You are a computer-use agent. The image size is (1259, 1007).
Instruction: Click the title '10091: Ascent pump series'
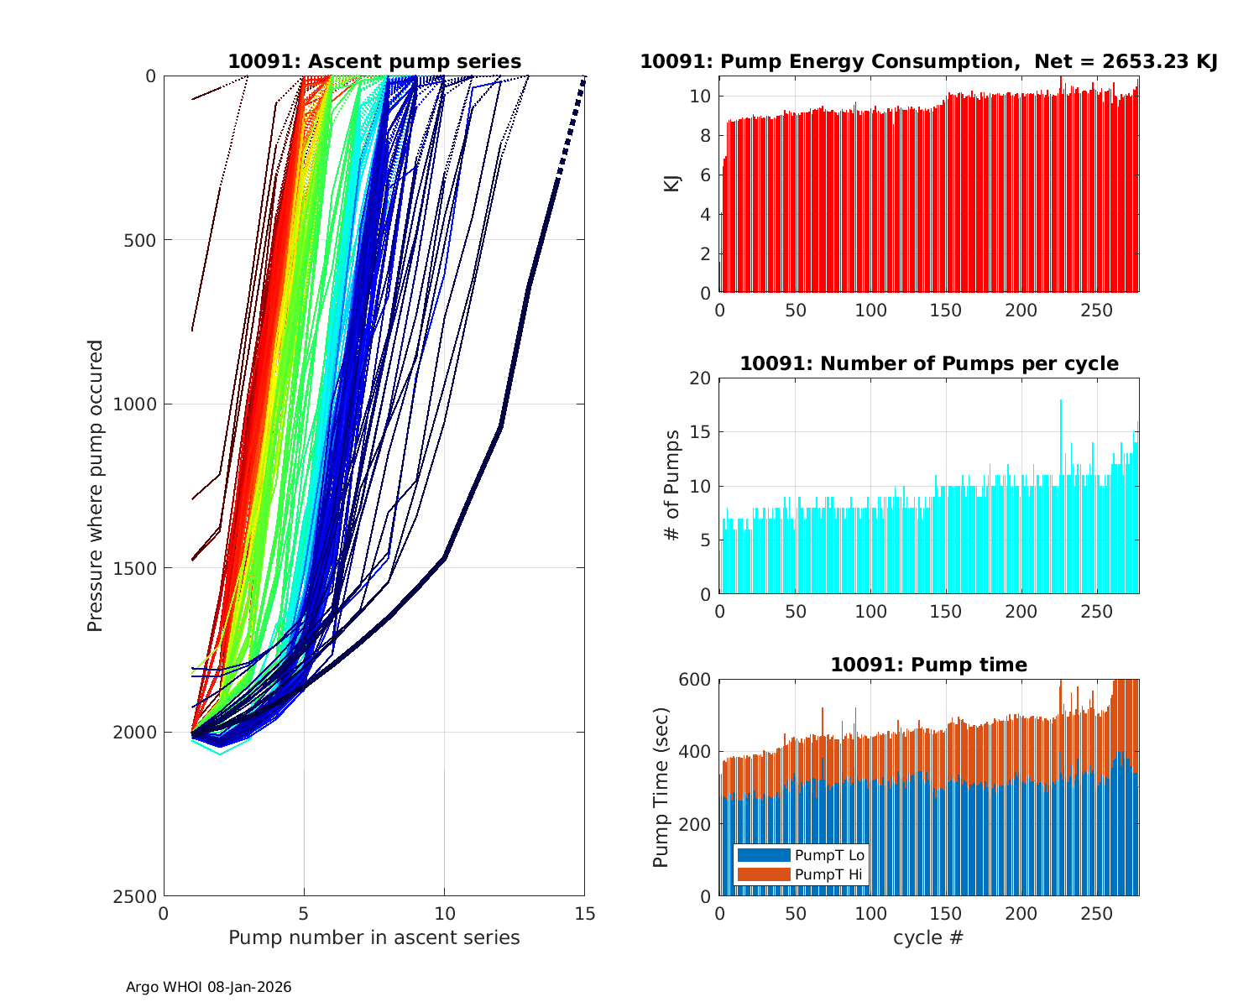tap(374, 61)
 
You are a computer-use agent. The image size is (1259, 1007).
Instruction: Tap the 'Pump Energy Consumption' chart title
tap(928, 61)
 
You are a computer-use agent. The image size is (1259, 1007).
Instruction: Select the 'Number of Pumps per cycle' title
tap(928, 363)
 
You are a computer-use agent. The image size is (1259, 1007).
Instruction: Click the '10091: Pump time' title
tap(928, 665)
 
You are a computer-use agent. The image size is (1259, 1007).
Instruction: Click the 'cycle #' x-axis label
tap(928, 937)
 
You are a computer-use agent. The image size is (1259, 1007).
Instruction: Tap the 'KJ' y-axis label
tap(672, 183)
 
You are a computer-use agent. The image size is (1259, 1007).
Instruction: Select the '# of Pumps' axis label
tap(672, 485)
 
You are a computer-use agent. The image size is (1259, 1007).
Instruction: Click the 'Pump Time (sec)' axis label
tap(662, 787)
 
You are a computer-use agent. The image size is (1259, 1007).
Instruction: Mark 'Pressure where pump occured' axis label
tap(95, 485)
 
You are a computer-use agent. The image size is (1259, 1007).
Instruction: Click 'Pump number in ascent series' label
tap(374, 937)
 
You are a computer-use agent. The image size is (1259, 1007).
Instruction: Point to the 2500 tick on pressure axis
tap(139, 896)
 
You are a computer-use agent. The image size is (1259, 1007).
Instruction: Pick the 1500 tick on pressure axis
tap(139, 568)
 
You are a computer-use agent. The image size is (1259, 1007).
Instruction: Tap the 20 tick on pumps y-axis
tap(701, 378)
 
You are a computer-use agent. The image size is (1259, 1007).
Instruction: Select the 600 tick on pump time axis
tap(696, 680)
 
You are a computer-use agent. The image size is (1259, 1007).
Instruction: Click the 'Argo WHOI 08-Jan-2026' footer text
tap(208, 987)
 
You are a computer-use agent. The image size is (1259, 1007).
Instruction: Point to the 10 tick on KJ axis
tap(701, 97)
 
